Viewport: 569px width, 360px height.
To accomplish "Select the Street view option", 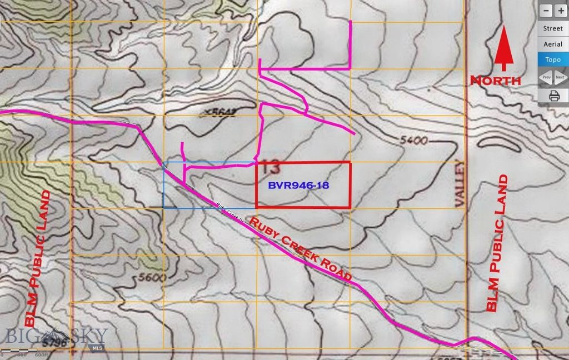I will point(552,28).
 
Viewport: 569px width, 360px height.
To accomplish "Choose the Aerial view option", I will point(552,44).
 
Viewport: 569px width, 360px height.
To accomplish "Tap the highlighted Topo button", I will point(552,59).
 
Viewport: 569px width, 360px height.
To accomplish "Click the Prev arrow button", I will point(546,77).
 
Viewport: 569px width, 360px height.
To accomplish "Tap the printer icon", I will point(553,96).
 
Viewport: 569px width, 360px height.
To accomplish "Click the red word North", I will point(496,81).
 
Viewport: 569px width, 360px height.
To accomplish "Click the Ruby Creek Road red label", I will point(301,249).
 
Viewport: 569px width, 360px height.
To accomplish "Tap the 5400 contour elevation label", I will point(413,141).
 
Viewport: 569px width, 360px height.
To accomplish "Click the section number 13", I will point(273,166).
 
